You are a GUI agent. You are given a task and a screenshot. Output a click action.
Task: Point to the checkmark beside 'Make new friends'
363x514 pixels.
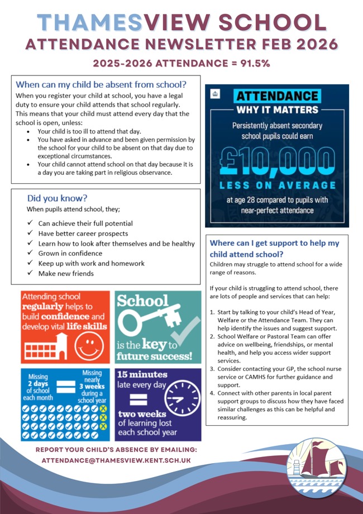30,274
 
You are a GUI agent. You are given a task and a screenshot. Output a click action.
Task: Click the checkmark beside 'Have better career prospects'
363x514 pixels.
30,234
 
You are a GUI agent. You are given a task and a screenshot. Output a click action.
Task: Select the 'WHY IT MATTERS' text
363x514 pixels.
277,110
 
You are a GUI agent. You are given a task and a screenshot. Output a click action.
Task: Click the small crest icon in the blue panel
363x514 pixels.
215,92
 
